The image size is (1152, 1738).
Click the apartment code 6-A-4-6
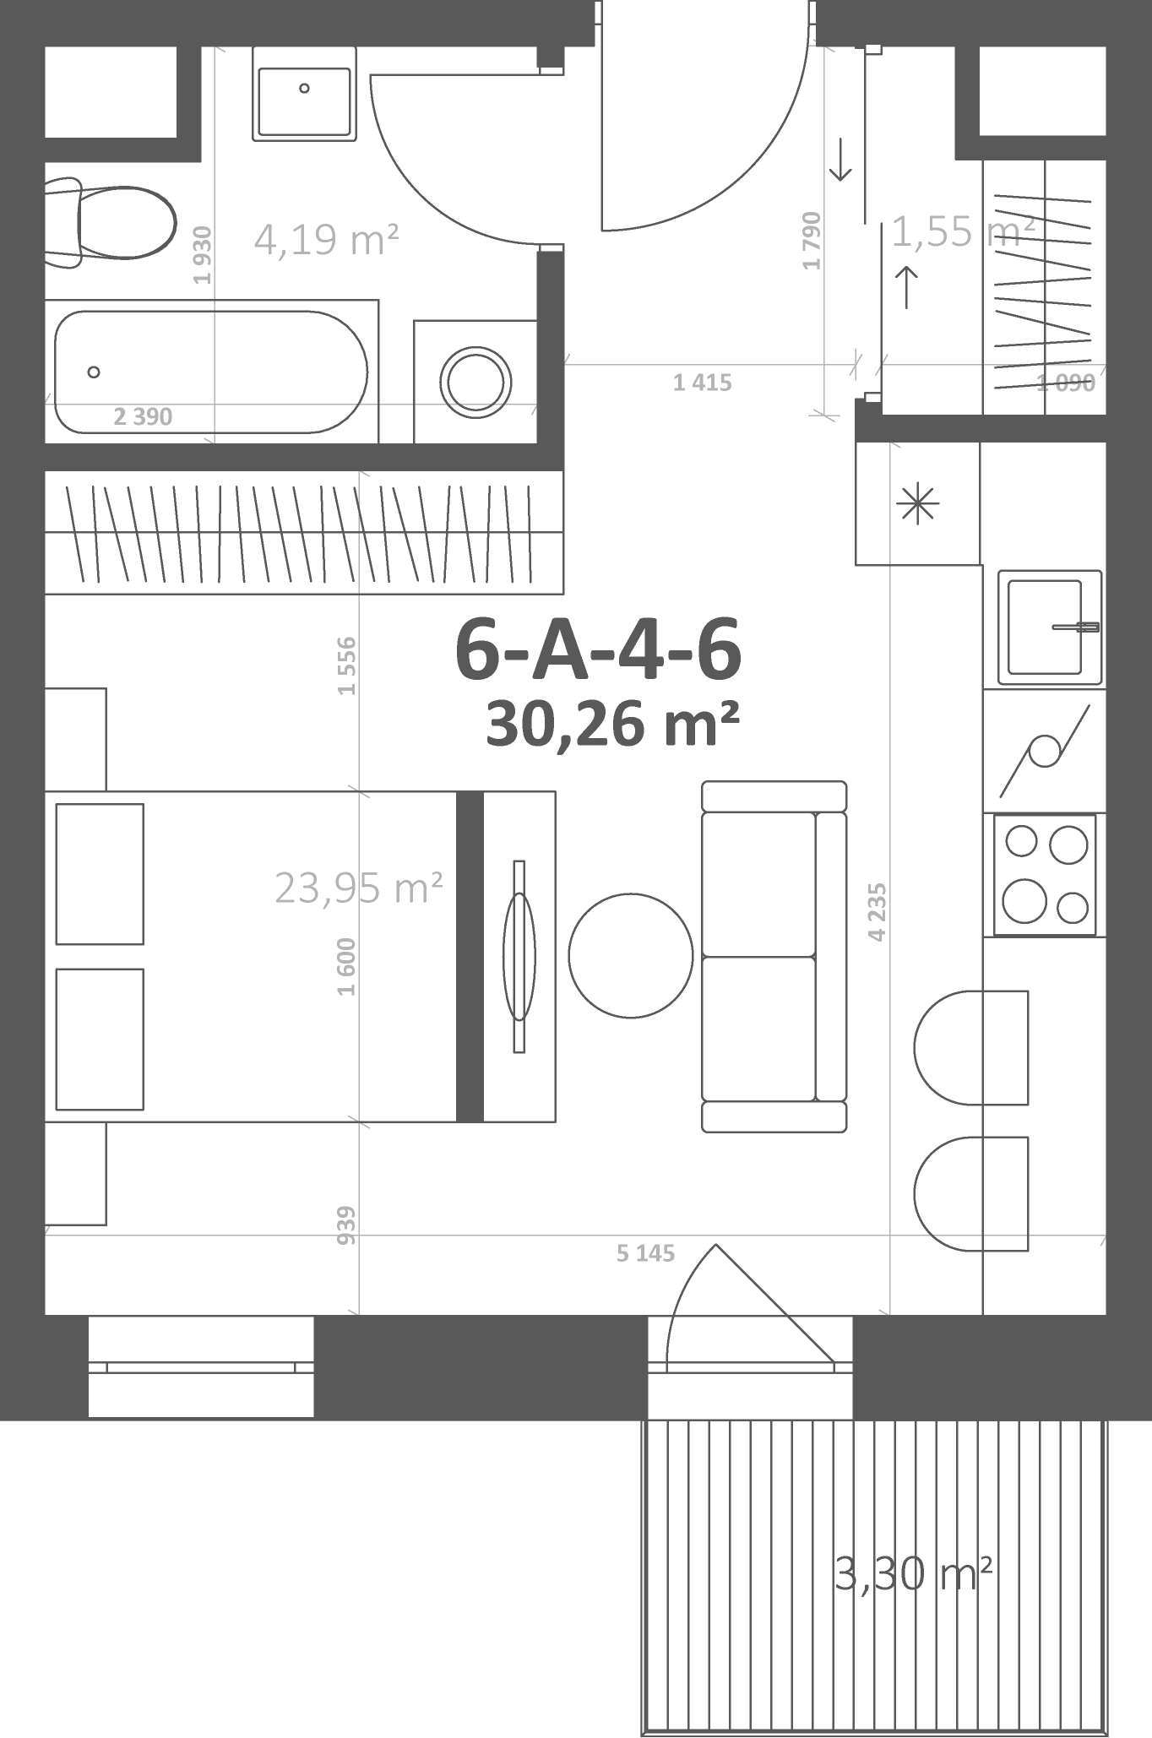598,649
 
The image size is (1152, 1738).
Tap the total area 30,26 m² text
613,724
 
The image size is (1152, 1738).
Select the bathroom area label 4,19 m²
326,239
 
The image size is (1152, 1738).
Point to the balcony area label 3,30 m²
913,1573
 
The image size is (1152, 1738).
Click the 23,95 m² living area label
359,888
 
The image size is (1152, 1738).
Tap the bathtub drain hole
94,372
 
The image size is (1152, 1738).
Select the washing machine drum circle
476,383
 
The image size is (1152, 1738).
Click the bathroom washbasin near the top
303,94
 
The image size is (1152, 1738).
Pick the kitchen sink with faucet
1050,627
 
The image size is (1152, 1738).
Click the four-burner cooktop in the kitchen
1045,874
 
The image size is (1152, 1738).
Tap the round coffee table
631,956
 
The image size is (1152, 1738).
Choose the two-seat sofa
774,956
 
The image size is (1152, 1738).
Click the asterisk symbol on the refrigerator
917,504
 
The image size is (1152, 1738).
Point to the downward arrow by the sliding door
840,160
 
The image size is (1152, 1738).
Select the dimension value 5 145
646,1253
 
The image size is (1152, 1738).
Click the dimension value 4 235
878,912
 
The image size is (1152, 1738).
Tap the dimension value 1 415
703,383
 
